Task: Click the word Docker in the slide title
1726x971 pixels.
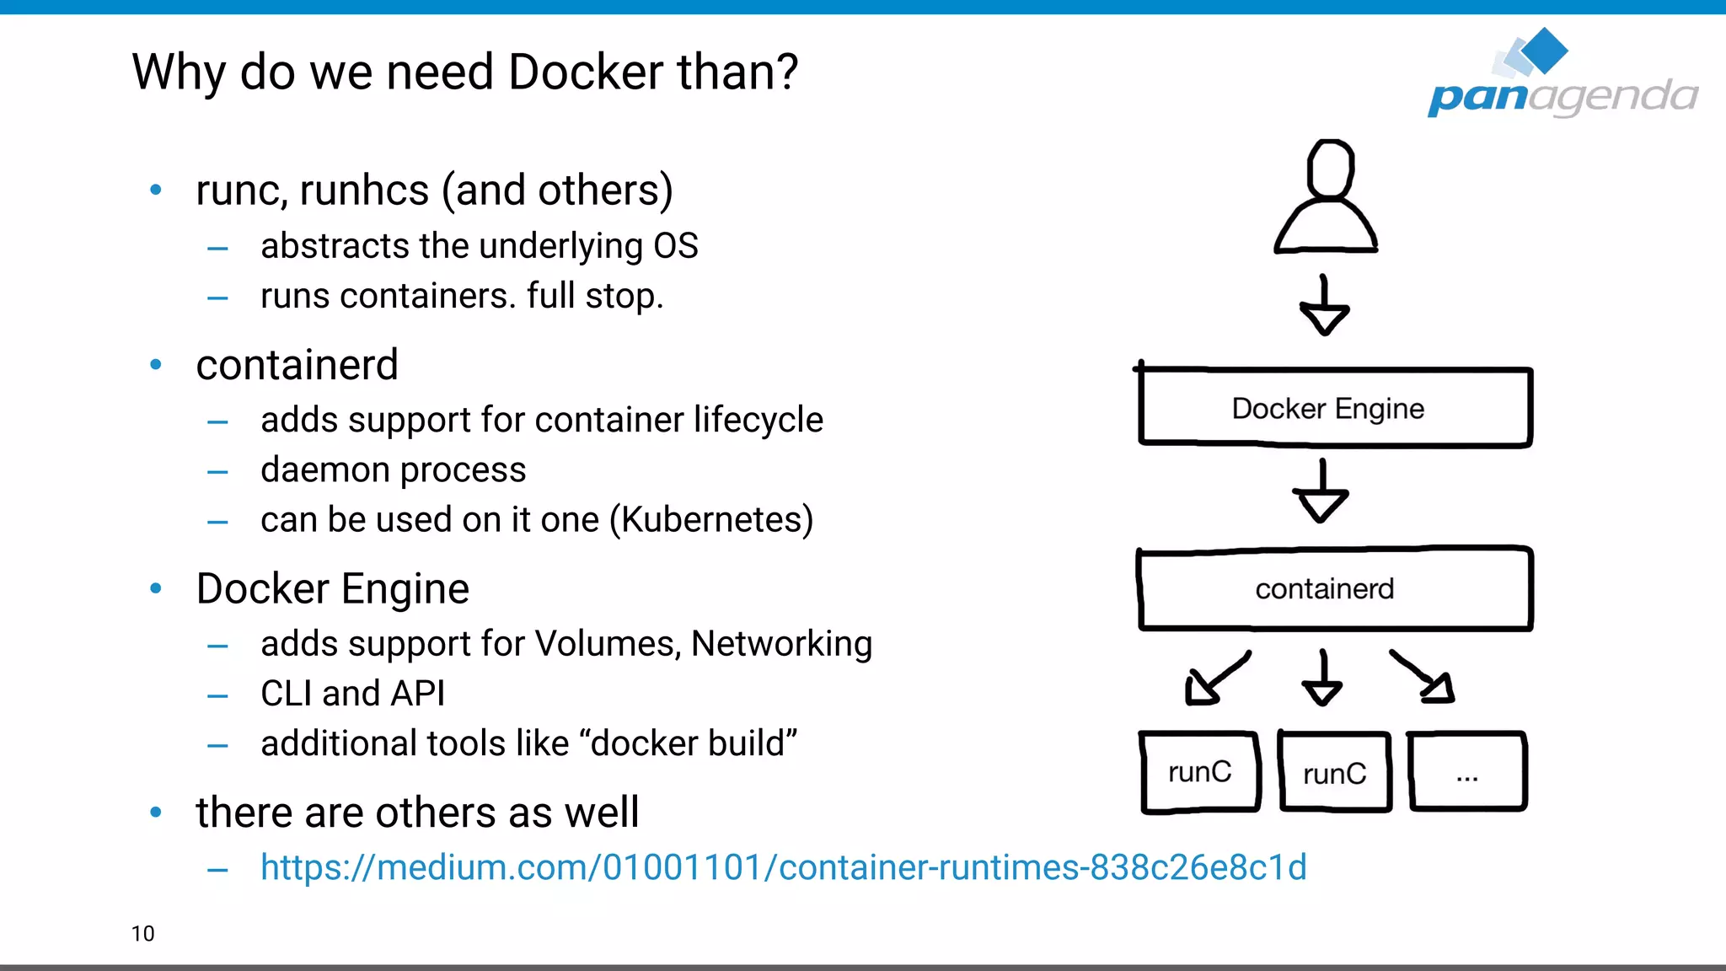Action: (x=586, y=72)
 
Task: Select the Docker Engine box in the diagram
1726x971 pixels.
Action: (x=1334, y=408)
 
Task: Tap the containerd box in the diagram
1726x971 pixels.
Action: (x=1334, y=588)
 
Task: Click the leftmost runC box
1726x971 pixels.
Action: (x=1199, y=772)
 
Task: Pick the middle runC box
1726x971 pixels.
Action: (x=1334, y=773)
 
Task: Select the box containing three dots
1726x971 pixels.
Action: (x=1466, y=772)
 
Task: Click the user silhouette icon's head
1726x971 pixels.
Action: (x=1330, y=169)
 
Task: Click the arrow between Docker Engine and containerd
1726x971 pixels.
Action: (x=1321, y=492)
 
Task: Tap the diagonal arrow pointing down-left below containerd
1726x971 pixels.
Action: (x=1214, y=679)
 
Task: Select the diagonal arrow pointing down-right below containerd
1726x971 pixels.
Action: (x=1424, y=677)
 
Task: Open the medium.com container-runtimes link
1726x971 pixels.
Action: (x=783, y=867)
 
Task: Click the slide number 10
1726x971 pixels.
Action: (x=142, y=934)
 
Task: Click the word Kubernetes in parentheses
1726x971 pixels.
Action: (x=711, y=520)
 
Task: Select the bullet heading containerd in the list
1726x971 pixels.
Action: (x=297, y=365)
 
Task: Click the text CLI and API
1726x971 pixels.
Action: (x=352, y=694)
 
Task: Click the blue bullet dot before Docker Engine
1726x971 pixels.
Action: (x=156, y=588)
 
